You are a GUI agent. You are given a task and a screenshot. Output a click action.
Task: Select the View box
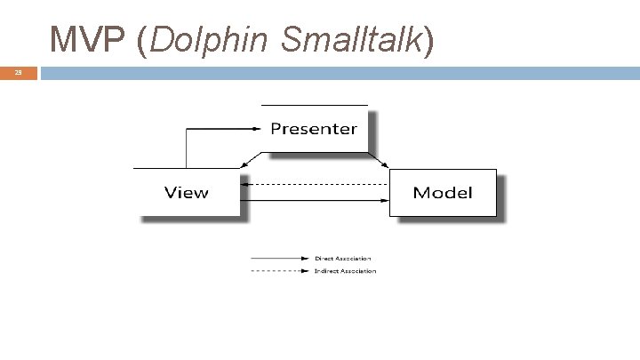pos(187,192)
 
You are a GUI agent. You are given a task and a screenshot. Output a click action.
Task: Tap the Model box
pos(443,192)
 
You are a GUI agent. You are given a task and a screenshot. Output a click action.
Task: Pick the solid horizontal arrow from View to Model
pos(316,201)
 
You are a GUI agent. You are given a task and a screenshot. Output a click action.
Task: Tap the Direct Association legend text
pos(343,259)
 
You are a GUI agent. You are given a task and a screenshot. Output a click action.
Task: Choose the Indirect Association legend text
pos(345,271)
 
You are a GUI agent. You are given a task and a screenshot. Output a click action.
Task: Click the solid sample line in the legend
pos(280,259)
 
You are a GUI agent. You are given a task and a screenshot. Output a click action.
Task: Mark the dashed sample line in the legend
pos(280,271)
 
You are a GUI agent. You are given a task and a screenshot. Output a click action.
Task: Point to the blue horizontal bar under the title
pos(338,73)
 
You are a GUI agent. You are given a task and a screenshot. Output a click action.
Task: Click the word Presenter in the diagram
pos(314,129)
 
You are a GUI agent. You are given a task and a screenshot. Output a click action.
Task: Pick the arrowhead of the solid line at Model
pos(385,201)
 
